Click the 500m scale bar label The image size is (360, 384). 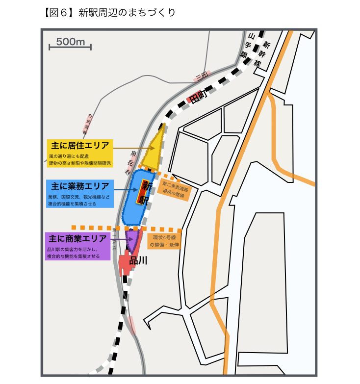pos(71,41)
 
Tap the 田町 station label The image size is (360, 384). pos(199,97)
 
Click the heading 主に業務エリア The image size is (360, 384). pos(80,186)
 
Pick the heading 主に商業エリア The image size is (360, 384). pos(78,239)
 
